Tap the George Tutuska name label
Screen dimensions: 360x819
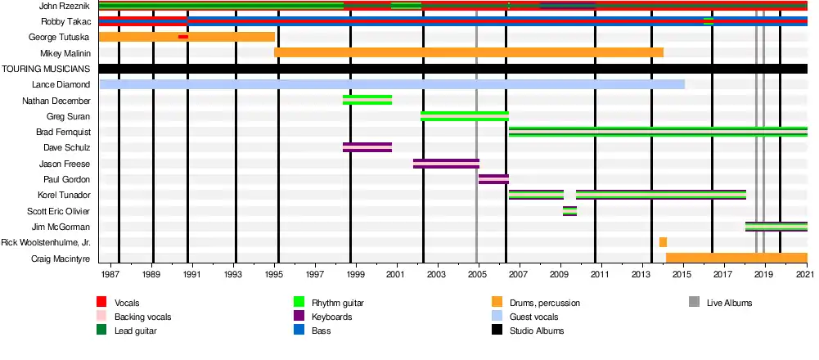59,37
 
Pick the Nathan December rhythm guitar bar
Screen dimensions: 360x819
367,100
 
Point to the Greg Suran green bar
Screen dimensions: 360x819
464,116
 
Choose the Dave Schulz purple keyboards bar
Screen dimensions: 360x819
367,147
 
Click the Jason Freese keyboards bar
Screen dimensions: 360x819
446,164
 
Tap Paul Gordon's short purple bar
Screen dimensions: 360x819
493,179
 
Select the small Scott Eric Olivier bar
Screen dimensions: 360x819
569,211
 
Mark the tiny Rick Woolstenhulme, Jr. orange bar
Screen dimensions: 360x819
663,242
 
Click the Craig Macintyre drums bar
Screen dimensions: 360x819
736,258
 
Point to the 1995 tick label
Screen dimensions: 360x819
277,273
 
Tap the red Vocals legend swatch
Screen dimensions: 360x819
101,303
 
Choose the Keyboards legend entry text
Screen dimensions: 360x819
332,317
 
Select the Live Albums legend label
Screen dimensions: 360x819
729,303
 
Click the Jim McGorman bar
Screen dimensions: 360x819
776,227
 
